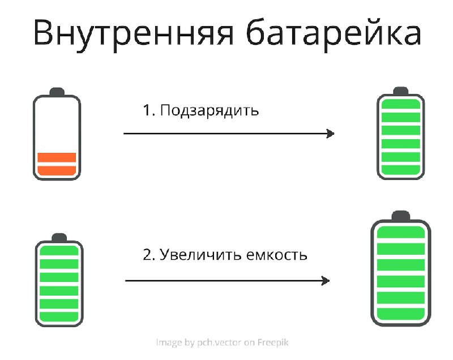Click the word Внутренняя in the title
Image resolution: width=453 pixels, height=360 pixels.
133,33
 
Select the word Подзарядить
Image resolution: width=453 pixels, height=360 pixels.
210,110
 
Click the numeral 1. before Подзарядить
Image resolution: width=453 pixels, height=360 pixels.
149,110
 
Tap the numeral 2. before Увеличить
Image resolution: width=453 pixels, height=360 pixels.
149,255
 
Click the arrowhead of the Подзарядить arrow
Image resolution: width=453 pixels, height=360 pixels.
330,134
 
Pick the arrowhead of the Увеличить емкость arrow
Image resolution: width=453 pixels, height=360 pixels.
326,281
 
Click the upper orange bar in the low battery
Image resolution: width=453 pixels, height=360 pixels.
57,157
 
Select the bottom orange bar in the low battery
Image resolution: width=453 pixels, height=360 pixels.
57,170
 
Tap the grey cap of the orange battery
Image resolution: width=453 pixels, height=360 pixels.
57,92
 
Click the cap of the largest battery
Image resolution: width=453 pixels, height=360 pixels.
401,216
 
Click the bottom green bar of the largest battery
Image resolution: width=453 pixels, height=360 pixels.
401,314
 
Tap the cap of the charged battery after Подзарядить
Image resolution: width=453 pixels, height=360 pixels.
401,91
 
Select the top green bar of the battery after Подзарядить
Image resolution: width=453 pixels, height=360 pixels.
401,104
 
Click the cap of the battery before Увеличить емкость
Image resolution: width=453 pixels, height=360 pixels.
59,237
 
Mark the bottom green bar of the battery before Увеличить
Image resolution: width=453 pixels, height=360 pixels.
59,316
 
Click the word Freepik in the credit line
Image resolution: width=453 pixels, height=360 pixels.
273,342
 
